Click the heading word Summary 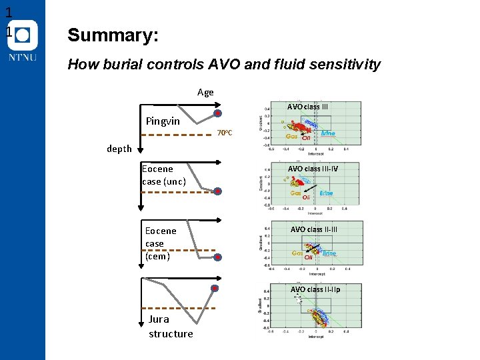pos(113,35)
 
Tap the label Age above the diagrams pos(205,92)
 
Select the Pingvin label pos(163,121)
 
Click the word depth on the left pos(119,149)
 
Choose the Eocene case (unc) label pos(163,175)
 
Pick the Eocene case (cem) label pos(161,243)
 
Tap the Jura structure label pos(171,327)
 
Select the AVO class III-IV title pos(313,169)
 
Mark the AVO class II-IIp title pos(315,289)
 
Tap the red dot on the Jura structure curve pos(214,288)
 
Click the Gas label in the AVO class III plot pos(291,136)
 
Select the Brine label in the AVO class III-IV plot pos(326,193)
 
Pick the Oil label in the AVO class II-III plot pos(309,258)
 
